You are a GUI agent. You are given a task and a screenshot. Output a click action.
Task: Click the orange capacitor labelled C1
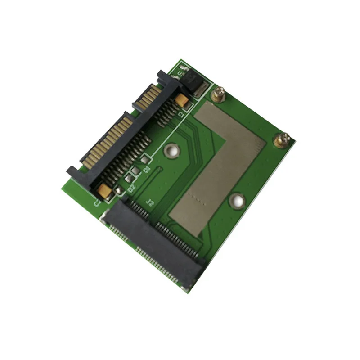coord(182,101)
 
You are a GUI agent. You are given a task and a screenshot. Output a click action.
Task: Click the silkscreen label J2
coord(151,203)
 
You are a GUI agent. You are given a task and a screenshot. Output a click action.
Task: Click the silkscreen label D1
coord(146,169)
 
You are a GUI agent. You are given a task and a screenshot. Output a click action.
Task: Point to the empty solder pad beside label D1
coord(145,159)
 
